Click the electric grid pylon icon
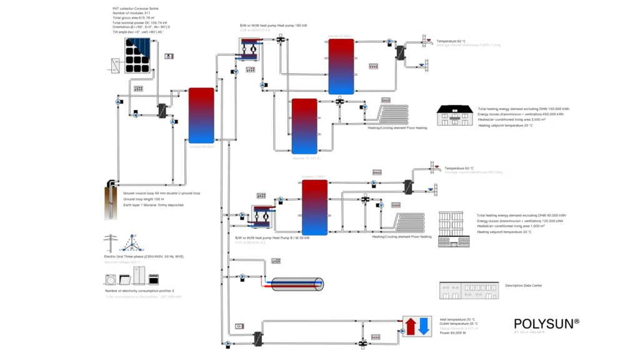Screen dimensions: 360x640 point(112,243)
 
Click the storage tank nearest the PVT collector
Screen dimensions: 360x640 point(201,116)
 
